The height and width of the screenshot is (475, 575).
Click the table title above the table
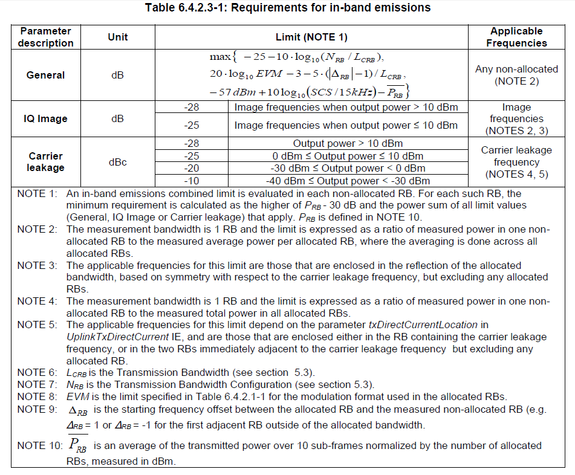[288, 8]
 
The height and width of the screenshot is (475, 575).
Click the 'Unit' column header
[118, 37]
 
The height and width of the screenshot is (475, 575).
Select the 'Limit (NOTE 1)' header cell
[311, 37]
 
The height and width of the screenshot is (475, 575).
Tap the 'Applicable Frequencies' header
[516, 37]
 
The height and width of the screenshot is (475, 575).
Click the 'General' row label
[45, 75]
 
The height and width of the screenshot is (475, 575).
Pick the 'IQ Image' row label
[45, 119]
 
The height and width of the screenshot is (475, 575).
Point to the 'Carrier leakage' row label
[45, 162]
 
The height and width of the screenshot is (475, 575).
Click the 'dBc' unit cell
[118, 163]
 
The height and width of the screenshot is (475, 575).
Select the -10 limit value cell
[192, 181]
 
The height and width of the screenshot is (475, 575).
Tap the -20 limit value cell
[192, 168]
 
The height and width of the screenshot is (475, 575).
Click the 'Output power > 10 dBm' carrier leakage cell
[348, 144]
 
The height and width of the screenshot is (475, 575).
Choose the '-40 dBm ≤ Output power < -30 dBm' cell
[348, 181]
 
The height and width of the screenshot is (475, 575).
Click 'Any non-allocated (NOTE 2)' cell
[516, 75]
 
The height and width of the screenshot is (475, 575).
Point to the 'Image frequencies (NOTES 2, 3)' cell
[516, 119]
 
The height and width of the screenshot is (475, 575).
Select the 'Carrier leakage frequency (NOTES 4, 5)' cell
[516, 162]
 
